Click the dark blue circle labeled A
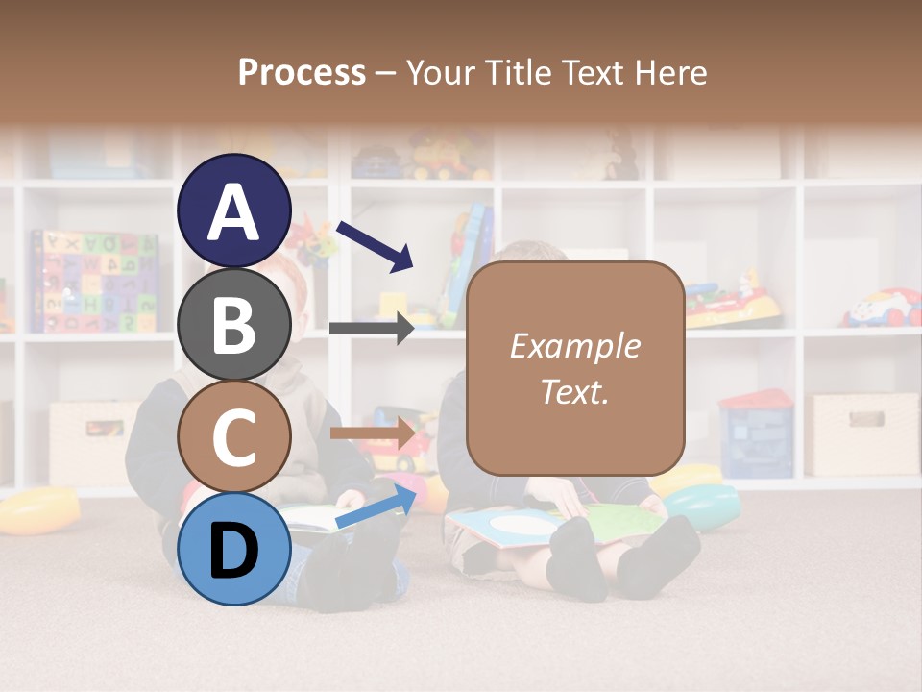point(234,210)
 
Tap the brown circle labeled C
point(234,436)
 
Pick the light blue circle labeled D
point(234,549)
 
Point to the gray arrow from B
point(371,329)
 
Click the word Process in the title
point(302,72)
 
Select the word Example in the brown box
point(574,346)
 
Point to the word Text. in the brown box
point(574,392)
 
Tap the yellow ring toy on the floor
point(38,509)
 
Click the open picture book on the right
point(555,525)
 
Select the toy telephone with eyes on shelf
point(882,308)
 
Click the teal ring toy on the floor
point(703,506)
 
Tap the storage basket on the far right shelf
point(861,433)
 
